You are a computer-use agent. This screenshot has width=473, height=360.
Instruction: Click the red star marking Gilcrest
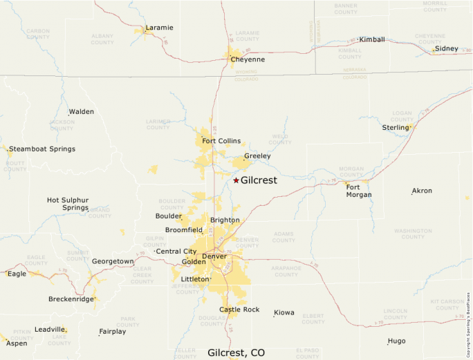click(x=236, y=180)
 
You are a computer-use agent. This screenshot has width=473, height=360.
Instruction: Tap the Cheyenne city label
click(x=248, y=59)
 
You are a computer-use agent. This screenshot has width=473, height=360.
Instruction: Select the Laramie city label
click(x=159, y=28)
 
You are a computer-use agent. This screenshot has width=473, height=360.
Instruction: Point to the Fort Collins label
click(x=221, y=141)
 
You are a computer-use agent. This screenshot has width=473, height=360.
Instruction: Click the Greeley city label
click(x=257, y=156)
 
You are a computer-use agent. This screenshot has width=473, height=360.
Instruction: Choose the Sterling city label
click(x=396, y=127)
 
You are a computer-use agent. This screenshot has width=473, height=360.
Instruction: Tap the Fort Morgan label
click(x=359, y=191)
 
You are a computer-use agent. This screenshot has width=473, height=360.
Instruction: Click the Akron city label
click(x=422, y=191)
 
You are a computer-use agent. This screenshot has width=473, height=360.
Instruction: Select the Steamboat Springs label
click(x=42, y=149)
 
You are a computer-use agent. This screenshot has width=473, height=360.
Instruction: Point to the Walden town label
click(x=81, y=111)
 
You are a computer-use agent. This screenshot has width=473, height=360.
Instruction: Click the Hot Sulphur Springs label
click(x=68, y=204)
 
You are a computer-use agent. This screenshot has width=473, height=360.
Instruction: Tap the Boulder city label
click(x=169, y=216)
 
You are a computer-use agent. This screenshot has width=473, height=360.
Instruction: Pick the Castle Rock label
click(x=239, y=310)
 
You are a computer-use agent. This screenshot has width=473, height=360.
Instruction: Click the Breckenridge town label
click(x=71, y=299)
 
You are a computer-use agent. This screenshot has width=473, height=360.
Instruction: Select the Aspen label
click(x=17, y=343)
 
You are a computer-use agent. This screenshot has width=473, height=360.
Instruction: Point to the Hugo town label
click(x=396, y=341)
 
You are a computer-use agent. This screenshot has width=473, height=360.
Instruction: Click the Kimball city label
click(x=372, y=39)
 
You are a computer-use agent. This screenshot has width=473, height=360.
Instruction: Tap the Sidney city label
click(x=447, y=48)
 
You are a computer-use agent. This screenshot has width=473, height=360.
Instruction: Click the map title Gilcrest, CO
click(x=236, y=352)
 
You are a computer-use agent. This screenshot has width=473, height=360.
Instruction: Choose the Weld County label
click(x=280, y=140)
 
